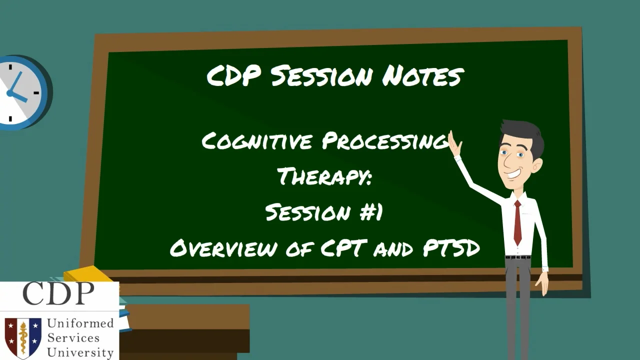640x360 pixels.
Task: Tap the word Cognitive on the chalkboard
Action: point(257,141)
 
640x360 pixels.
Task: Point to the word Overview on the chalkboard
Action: point(223,248)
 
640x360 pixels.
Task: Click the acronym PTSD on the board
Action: point(451,247)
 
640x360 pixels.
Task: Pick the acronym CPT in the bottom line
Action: point(344,247)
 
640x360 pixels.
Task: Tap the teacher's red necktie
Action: point(517,222)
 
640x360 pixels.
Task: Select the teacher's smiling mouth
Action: point(513,173)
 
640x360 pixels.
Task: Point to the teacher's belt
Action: point(517,257)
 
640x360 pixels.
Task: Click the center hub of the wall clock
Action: point(10,93)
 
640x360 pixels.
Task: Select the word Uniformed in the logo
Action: point(80,323)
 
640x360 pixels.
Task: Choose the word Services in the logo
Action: point(73,337)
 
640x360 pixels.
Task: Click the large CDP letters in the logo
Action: point(58,293)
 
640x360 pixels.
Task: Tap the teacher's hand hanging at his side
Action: point(542,283)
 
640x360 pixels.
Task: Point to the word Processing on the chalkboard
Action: point(385,141)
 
